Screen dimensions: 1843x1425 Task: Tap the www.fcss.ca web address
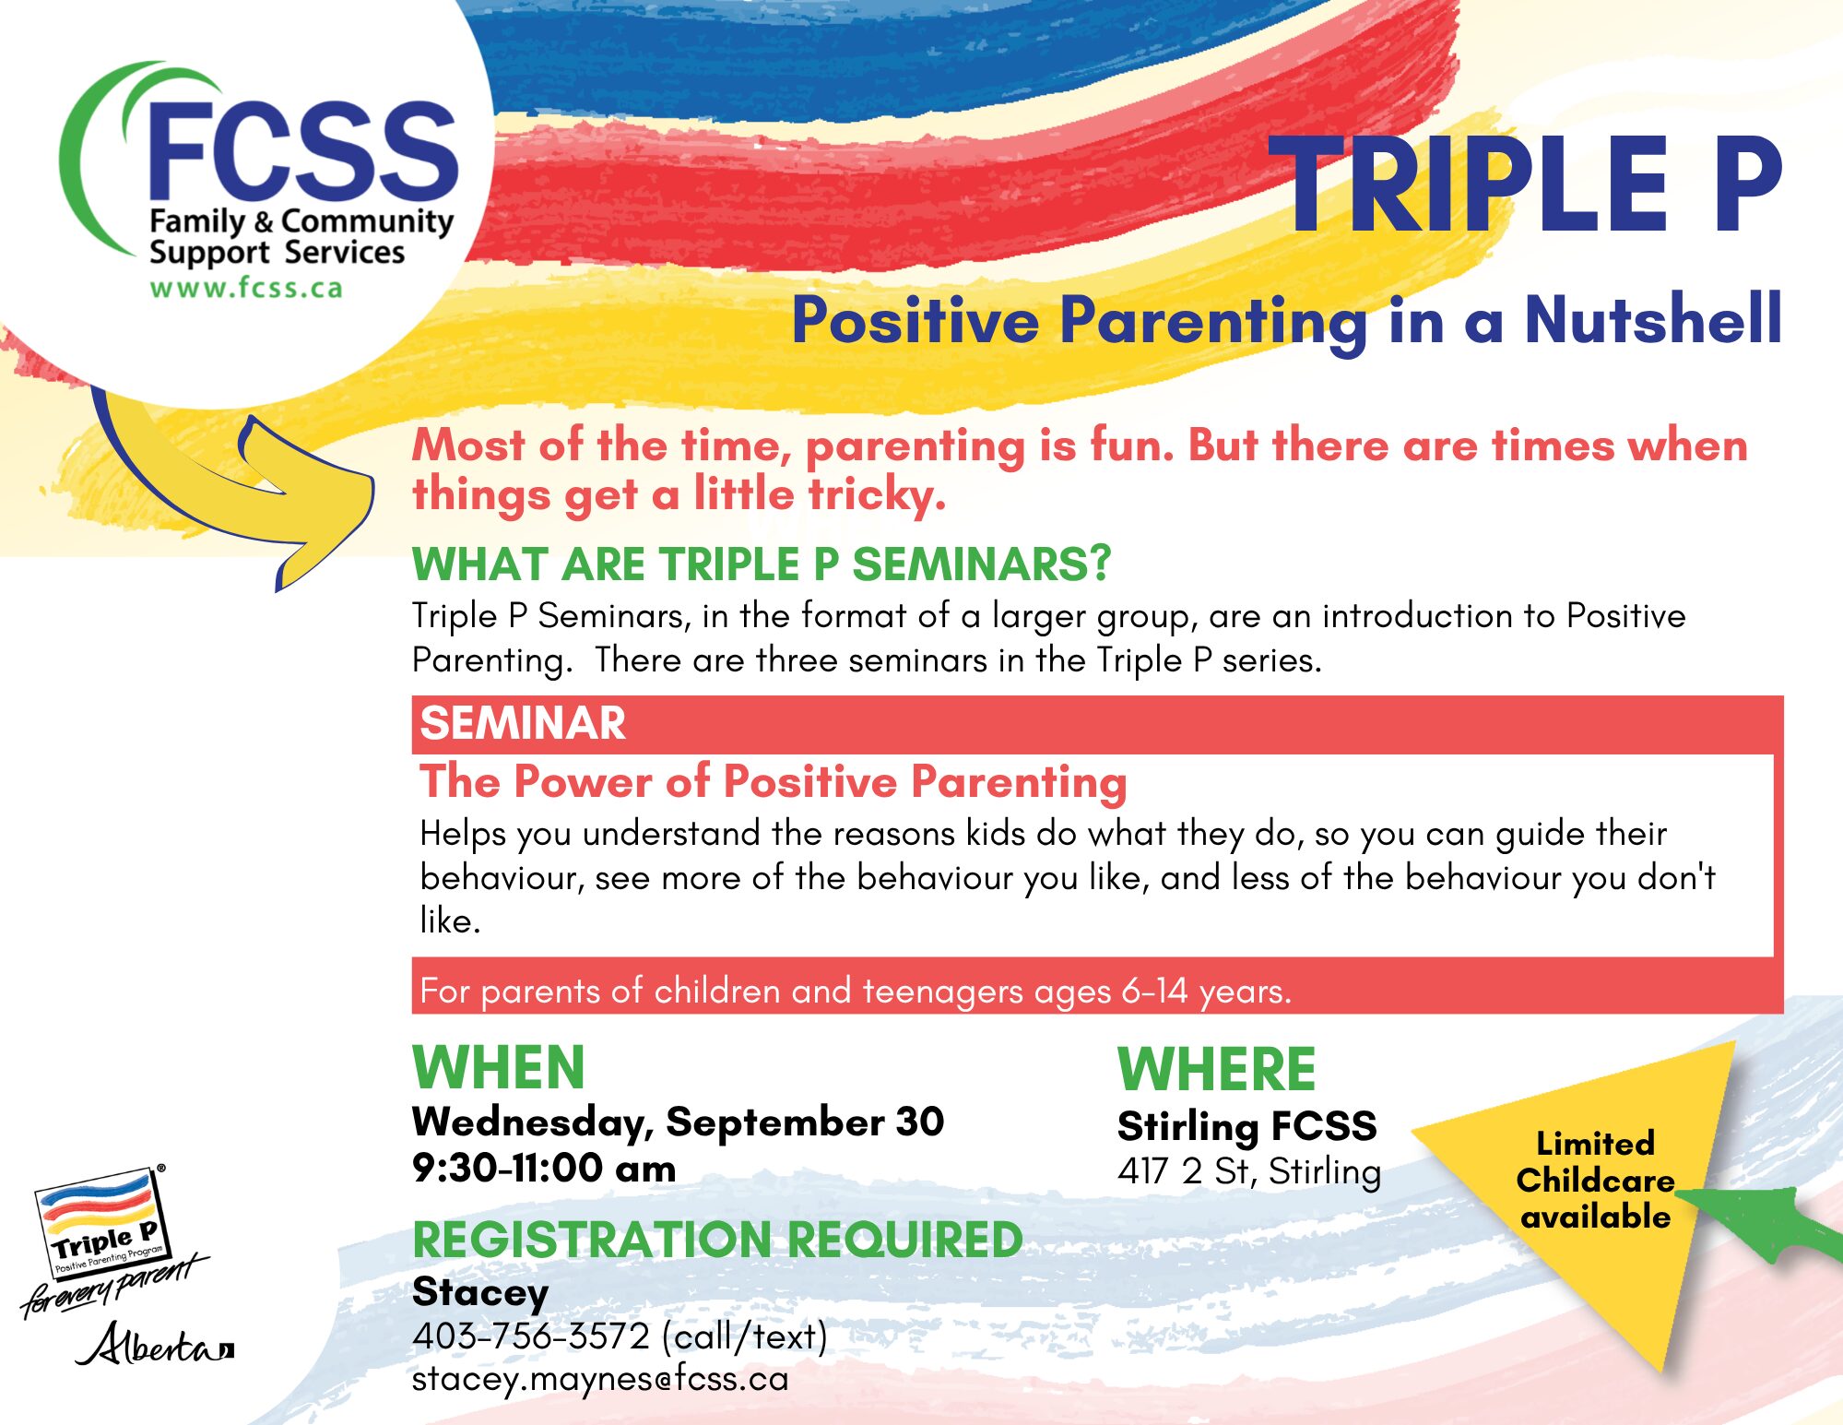pyautogui.click(x=246, y=288)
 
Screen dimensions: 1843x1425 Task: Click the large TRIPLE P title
pyautogui.click(x=1525, y=184)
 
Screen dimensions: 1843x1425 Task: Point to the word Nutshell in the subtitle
pyautogui.click(x=1653, y=319)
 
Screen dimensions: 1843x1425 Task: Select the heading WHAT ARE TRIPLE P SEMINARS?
pyautogui.click(x=762, y=564)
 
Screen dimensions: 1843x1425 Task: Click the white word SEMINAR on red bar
pyautogui.click(x=523, y=723)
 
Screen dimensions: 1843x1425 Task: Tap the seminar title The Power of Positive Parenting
pyautogui.click(x=774, y=782)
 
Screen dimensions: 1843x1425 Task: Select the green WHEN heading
pyautogui.click(x=499, y=1067)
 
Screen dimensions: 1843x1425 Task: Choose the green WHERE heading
pyautogui.click(x=1216, y=1069)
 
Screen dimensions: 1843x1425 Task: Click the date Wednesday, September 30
pyautogui.click(x=678, y=1122)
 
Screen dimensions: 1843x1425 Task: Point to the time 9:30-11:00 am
pyautogui.click(x=544, y=1168)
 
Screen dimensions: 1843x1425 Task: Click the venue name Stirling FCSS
pyautogui.click(x=1247, y=1126)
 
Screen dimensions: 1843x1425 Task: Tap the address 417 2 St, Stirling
pyautogui.click(x=1249, y=1171)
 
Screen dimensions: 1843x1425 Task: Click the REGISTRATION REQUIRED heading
pyautogui.click(x=717, y=1240)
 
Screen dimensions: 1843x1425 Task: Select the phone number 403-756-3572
pyautogui.click(x=531, y=1336)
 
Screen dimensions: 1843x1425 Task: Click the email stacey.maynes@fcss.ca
pyautogui.click(x=600, y=1379)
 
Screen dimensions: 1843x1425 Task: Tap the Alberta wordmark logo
pyautogui.click(x=155, y=1345)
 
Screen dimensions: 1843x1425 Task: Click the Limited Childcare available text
pyautogui.click(x=1595, y=1181)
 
